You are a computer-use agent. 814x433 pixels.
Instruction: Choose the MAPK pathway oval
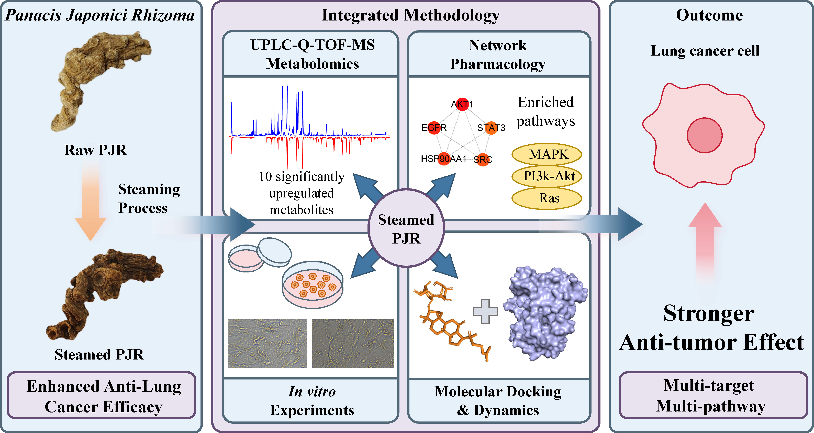click(x=547, y=154)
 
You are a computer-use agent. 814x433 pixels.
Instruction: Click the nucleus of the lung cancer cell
click(x=705, y=135)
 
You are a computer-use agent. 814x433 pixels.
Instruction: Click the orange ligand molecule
click(x=449, y=319)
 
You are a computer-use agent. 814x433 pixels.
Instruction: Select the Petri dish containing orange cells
click(x=312, y=285)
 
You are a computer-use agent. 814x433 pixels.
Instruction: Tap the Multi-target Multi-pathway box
click(x=713, y=395)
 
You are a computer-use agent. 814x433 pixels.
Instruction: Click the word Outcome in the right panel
click(x=709, y=15)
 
